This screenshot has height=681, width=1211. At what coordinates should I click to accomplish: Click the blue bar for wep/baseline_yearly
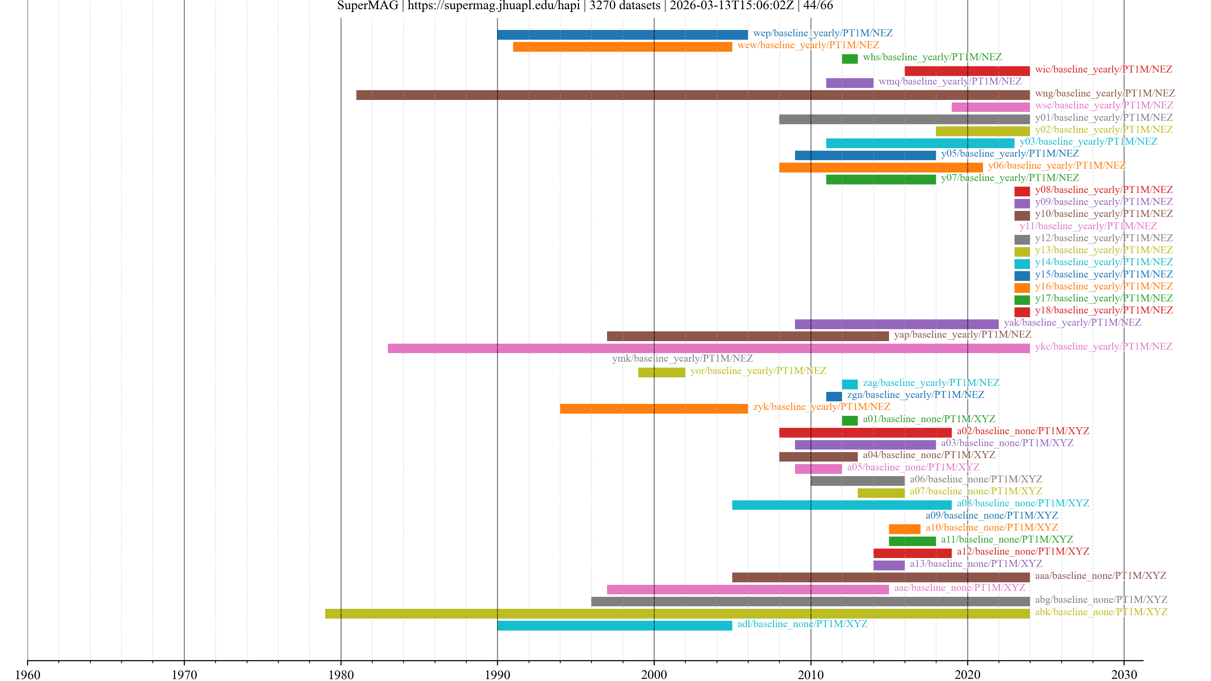coord(622,35)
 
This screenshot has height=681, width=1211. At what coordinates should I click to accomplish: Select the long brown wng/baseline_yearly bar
coord(693,95)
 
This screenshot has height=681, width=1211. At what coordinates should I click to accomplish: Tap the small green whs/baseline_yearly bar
coord(850,59)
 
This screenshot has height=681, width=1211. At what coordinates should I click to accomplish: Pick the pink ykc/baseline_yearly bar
coord(708,348)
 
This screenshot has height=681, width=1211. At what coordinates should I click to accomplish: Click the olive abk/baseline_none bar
coord(677,613)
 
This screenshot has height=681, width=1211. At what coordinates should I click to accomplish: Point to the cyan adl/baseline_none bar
coord(614,626)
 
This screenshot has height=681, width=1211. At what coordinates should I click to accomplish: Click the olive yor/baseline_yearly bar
coord(661,372)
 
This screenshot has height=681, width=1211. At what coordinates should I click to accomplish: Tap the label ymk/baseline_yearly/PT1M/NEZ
coord(682,358)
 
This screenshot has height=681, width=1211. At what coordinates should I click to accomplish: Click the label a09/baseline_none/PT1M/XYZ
coord(992,515)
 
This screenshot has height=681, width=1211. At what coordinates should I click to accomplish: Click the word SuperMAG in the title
coord(368,6)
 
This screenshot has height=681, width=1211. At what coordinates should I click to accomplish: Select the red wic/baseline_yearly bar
coord(967,71)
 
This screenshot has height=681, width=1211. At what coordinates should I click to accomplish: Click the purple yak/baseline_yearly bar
coord(897,324)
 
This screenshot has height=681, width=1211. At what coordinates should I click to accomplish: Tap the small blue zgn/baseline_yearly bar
coord(834,396)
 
